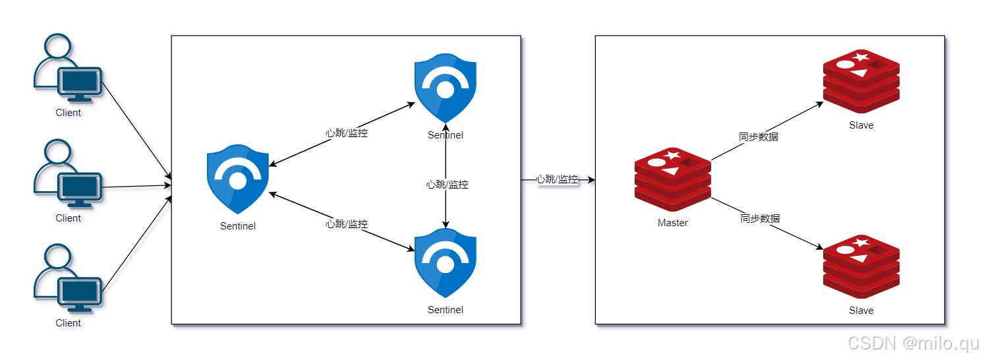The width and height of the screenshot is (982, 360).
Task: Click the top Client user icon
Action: point(67,69)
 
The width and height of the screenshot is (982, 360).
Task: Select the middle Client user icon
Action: point(67,174)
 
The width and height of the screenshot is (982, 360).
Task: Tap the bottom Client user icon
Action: point(67,279)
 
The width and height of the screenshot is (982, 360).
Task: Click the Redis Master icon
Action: point(672,179)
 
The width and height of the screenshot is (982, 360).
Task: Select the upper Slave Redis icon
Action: point(861,81)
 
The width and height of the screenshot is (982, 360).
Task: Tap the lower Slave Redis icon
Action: point(861,266)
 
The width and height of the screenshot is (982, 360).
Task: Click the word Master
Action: point(672,223)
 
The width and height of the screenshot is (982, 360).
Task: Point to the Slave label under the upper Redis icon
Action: point(861,125)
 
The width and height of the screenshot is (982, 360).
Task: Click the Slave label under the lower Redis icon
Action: point(861,311)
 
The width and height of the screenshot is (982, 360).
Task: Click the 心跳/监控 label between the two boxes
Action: point(557,179)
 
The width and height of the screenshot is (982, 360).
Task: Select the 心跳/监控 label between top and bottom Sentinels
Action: point(447,185)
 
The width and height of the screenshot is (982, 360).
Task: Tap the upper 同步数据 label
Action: point(759,137)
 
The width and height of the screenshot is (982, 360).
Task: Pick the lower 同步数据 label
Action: point(760,218)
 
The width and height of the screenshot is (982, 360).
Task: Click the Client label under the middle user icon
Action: point(68,218)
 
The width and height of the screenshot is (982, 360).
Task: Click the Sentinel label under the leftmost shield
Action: point(238,226)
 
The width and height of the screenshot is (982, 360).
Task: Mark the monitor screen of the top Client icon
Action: point(80,82)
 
